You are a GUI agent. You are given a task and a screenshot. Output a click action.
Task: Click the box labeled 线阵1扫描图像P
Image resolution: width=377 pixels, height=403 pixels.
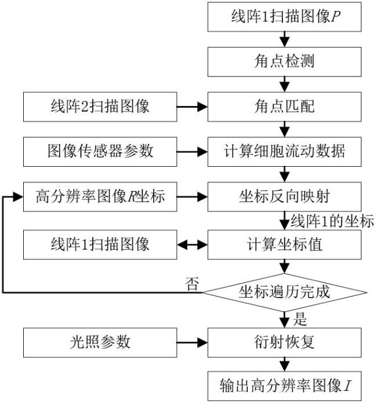tap(284, 17)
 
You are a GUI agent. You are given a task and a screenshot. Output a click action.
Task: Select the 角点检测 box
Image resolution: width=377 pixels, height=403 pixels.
tap(284, 62)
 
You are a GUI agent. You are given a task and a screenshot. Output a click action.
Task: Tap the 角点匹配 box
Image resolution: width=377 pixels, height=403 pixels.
tap(284, 107)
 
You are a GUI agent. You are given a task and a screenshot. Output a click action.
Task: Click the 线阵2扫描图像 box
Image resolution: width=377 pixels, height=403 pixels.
tap(100, 107)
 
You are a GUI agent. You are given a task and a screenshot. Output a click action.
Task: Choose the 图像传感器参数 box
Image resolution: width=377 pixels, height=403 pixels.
tap(100, 152)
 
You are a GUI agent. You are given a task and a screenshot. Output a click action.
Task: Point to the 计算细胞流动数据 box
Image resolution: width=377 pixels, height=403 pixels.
tap(284, 152)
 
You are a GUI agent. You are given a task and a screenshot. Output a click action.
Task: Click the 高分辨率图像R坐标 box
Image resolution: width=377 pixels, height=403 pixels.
tap(100, 197)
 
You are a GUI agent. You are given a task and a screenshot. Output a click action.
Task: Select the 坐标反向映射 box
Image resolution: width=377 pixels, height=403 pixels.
tap(284, 197)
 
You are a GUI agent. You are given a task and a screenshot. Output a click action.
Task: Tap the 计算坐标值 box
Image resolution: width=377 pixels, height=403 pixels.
tap(284, 244)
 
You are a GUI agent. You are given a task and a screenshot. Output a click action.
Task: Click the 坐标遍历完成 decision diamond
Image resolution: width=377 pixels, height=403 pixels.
tap(284, 292)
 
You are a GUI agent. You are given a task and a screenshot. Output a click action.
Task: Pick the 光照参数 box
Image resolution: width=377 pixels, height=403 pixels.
tap(100, 343)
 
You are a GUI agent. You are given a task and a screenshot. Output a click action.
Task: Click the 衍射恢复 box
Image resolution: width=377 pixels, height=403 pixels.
tap(284, 343)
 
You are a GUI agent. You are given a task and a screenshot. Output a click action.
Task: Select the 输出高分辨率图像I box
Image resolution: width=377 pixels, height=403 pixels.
tap(284, 386)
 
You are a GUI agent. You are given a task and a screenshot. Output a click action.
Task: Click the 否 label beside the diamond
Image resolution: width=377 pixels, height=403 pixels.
tap(193, 284)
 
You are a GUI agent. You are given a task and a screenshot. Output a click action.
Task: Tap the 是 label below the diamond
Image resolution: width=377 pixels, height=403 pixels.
tap(300, 320)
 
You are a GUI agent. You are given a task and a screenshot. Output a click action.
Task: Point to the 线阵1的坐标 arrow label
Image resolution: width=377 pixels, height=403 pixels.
tap(332, 221)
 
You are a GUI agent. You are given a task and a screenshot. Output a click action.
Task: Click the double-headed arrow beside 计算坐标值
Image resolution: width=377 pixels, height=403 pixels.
tap(192, 245)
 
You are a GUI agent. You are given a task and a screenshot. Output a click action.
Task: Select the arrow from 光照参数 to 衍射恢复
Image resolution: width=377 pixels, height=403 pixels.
tap(192, 343)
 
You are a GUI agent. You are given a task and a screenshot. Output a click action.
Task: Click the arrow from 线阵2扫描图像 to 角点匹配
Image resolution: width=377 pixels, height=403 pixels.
tap(192, 107)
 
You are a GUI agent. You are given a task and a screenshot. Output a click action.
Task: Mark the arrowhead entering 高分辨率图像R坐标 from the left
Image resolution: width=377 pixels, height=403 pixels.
tap(18, 197)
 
